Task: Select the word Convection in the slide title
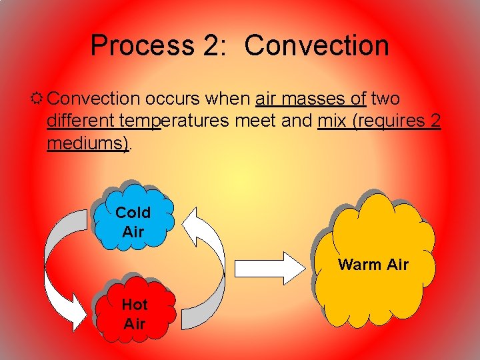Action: tap(317, 45)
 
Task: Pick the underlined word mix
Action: tap(333, 121)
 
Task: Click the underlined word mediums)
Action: tap(88, 143)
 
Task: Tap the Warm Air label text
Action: tap(373, 265)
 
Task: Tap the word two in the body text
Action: tap(385, 99)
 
